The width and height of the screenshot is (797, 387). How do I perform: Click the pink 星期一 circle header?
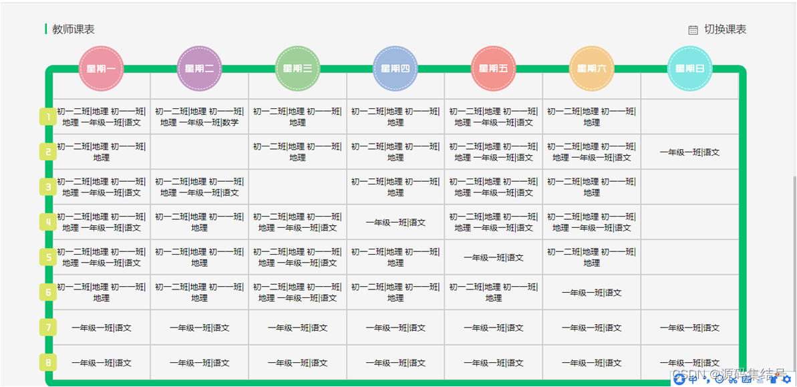tap(102, 68)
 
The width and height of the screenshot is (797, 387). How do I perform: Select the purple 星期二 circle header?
tap(199, 68)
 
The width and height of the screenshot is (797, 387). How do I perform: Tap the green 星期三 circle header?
tap(297, 68)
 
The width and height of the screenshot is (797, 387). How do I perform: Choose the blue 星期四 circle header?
tap(395, 68)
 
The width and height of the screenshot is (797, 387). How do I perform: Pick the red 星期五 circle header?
tap(494, 68)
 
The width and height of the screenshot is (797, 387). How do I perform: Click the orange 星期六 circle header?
tap(592, 68)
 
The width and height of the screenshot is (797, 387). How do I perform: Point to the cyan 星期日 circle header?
tap(690, 68)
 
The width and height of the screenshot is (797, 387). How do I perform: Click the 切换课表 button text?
tap(725, 29)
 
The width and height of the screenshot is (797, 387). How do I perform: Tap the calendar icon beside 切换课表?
tap(693, 30)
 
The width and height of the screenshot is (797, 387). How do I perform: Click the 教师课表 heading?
tap(73, 29)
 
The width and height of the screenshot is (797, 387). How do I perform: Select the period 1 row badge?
tap(48, 117)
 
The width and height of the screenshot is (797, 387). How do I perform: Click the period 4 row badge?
tap(48, 222)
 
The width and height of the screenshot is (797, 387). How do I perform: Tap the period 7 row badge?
tap(48, 328)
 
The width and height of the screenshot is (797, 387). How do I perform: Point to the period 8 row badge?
tap(48, 362)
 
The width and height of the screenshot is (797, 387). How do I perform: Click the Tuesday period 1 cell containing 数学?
tap(199, 117)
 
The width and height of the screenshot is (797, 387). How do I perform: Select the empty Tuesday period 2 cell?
tap(199, 152)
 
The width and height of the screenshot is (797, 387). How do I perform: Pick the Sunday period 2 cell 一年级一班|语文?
tap(690, 152)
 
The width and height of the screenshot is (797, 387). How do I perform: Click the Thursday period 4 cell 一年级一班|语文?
tap(395, 223)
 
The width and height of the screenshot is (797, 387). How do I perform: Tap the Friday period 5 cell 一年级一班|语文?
tap(494, 257)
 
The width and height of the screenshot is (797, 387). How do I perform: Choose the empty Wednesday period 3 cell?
tap(297, 187)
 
